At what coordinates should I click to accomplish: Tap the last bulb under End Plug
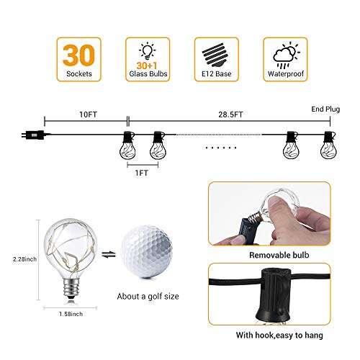click(330, 146)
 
